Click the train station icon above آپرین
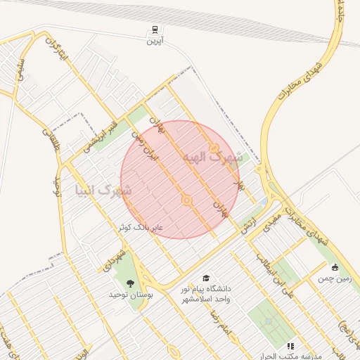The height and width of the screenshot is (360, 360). [154, 30]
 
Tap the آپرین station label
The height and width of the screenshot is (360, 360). [154, 42]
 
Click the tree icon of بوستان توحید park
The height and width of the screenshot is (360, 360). [129, 283]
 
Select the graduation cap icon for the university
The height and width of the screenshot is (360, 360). [206, 278]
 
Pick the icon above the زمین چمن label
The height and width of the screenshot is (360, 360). [334, 267]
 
